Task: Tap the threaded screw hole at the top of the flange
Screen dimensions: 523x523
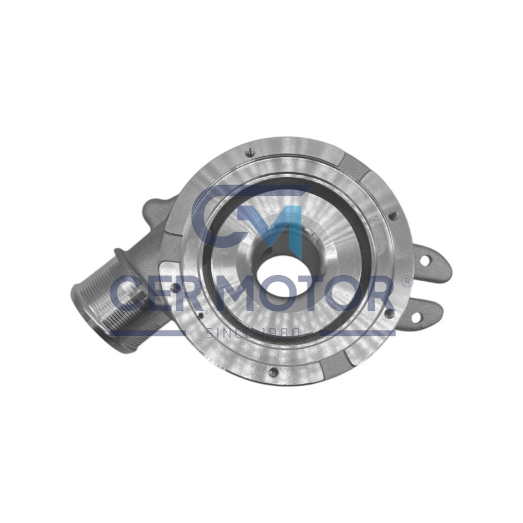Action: coord(250,153)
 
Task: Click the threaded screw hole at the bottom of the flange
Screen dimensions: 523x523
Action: coord(274,372)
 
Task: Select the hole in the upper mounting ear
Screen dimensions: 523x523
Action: coord(425,261)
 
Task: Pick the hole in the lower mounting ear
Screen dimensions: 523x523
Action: coord(417,317)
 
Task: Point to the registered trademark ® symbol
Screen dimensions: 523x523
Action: coord(407,281)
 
